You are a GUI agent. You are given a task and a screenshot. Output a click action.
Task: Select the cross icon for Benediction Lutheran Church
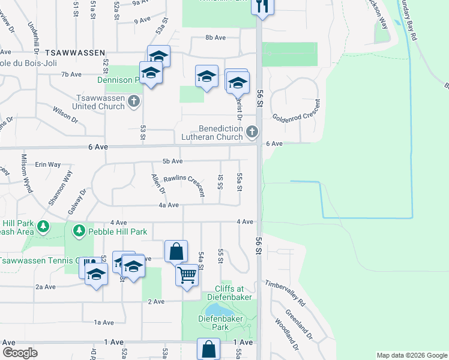click(252, 131)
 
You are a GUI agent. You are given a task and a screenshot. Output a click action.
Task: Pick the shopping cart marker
click(187, 275)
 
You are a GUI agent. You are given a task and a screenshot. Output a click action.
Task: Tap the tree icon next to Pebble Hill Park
click(79, 230)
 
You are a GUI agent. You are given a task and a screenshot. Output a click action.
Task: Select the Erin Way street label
click(49, 164)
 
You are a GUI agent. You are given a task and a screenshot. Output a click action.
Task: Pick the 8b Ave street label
click(215, 37)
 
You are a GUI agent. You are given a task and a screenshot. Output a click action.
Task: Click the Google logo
click(20, 353)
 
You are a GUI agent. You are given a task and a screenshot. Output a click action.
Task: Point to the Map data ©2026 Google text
click(411, 355)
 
